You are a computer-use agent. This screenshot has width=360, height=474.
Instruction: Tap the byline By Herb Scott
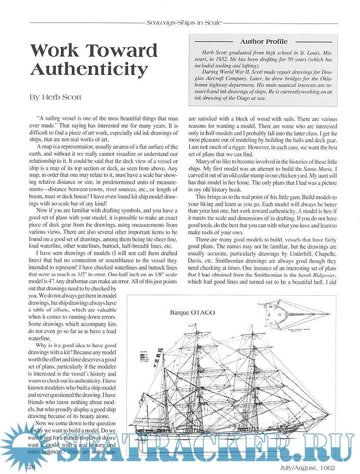pos(54,98)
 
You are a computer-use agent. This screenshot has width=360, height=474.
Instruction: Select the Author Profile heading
pos(264,41)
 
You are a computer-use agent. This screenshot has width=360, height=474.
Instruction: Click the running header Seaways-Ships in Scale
pos(184,23)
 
